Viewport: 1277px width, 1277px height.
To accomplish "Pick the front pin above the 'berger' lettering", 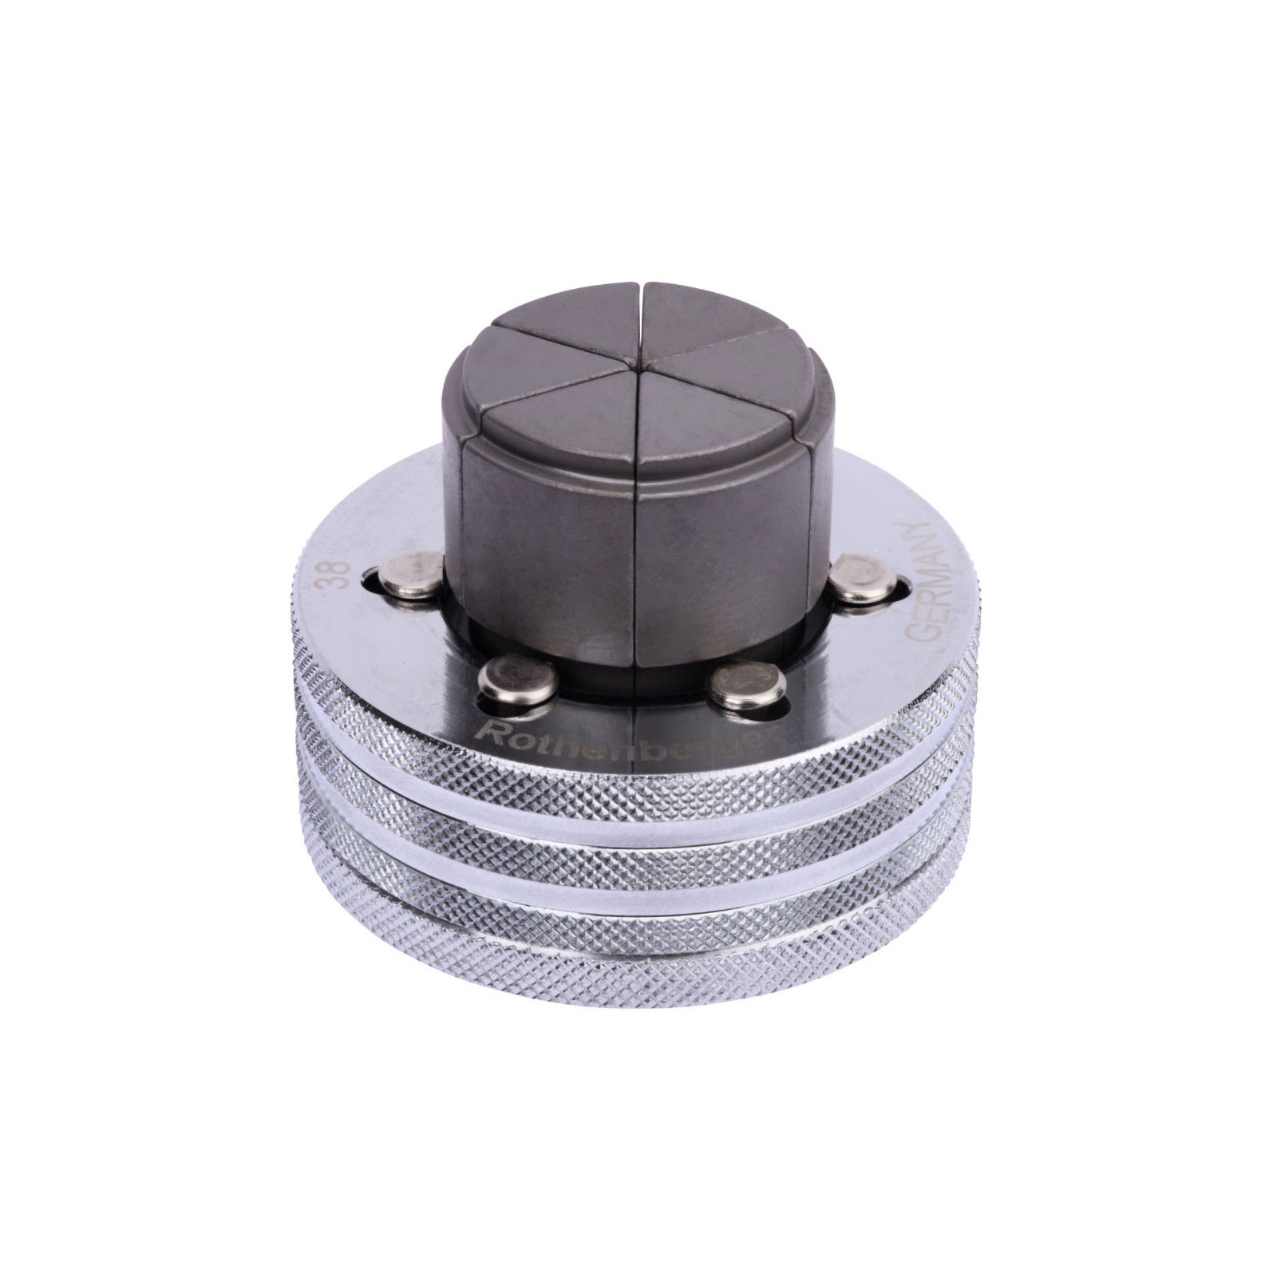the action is [747, 686].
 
